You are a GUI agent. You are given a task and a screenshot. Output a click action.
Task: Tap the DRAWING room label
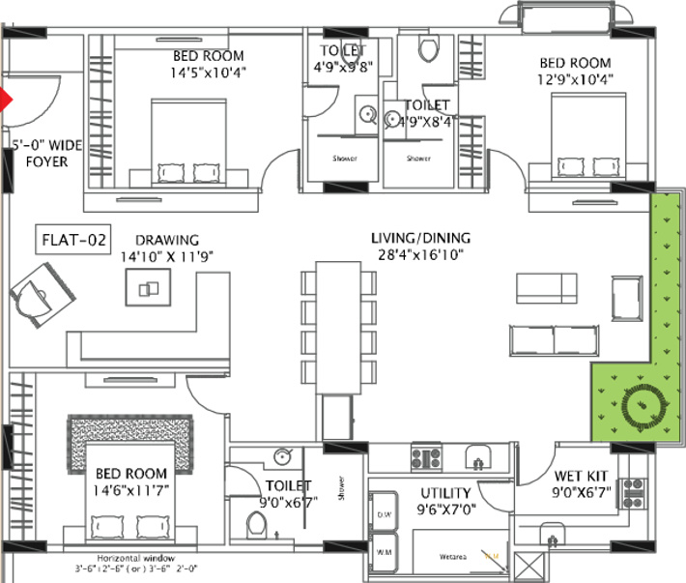point(167,240)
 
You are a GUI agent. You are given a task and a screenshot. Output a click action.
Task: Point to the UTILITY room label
point(445,492)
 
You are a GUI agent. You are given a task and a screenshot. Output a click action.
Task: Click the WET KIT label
point(580,476)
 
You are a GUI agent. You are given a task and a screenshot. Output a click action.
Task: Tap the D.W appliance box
point(384,512)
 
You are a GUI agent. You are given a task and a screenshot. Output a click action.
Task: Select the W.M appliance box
point(384,552)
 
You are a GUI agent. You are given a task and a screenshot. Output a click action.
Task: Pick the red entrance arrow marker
point(5,99)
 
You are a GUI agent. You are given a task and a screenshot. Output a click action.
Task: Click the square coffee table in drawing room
point(148,286)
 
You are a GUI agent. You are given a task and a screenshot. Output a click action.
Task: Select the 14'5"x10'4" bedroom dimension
point(208,72)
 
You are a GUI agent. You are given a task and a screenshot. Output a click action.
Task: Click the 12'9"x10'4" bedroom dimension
point(577,79)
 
